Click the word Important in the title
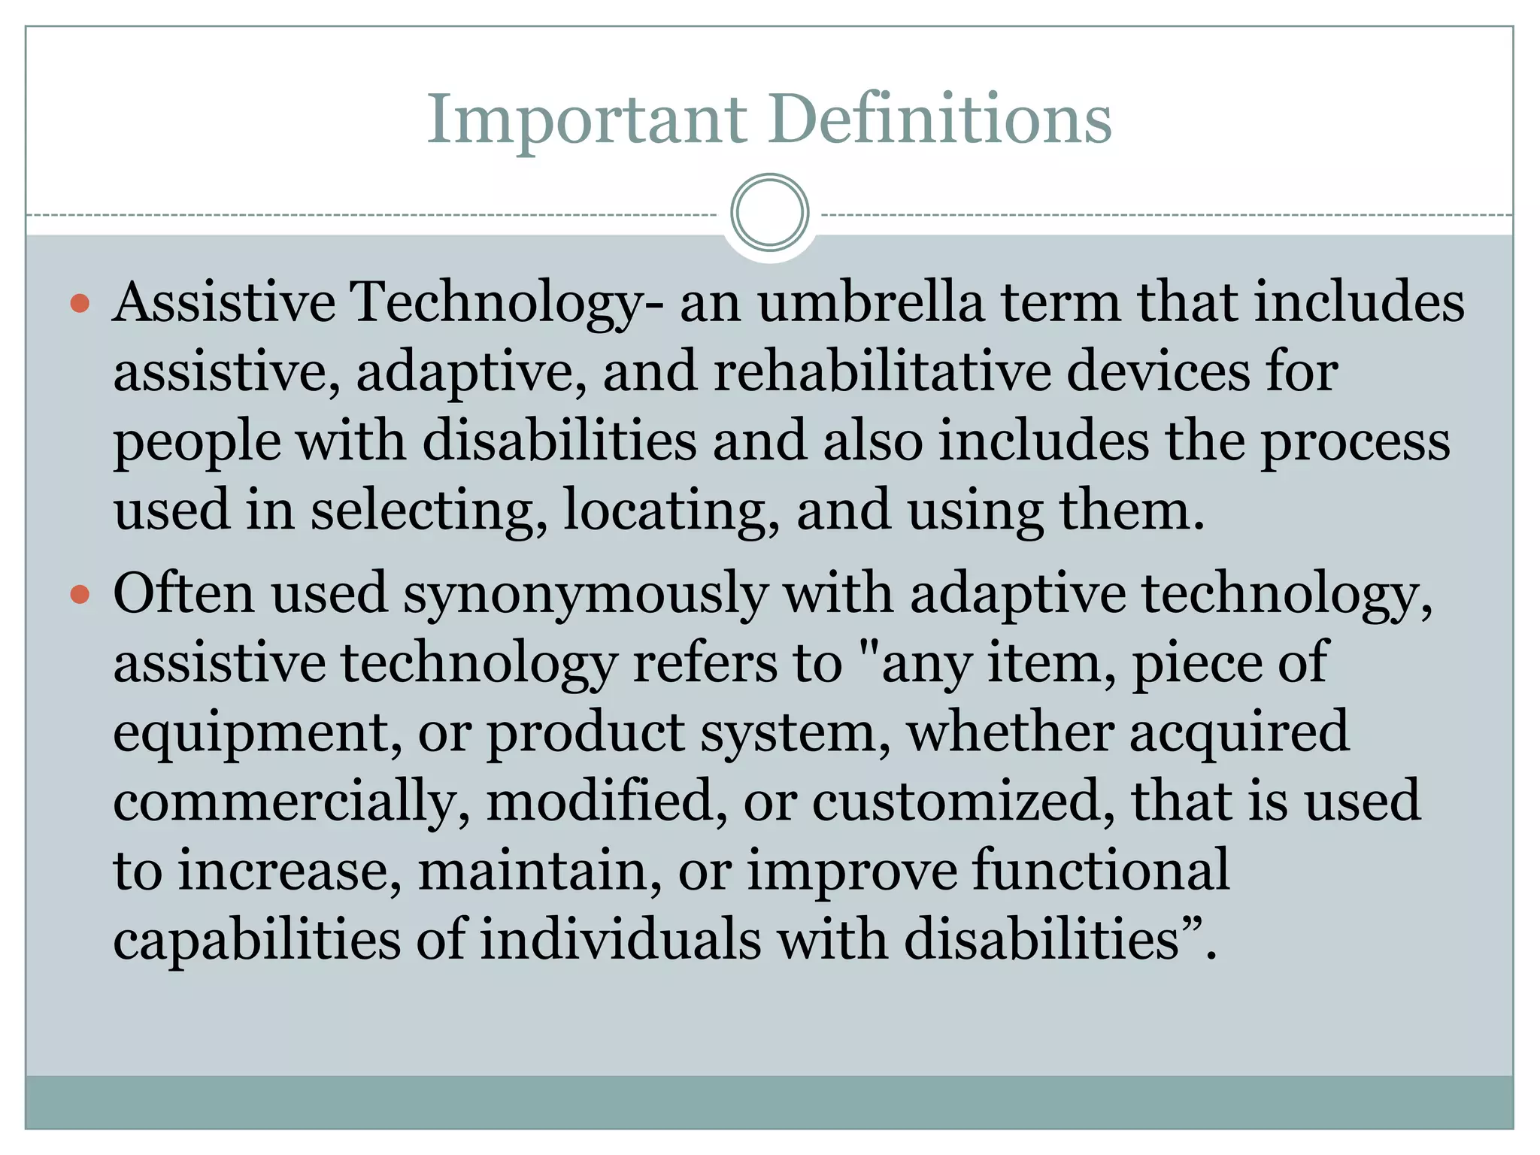pos(587,120)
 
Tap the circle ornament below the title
pos(769,213)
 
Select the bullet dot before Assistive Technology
pos(80,304)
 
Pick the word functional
pos(1101,871)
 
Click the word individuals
pos(620,940)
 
